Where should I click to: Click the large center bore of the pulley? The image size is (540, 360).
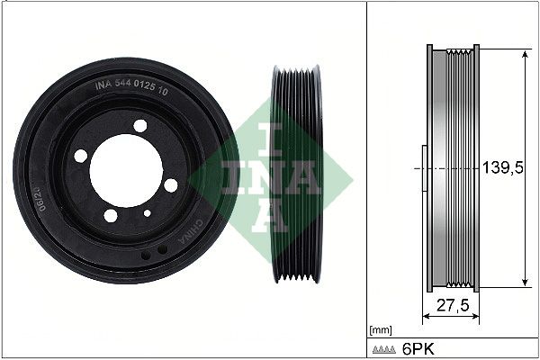126,169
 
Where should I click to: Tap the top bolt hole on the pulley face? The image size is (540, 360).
139,125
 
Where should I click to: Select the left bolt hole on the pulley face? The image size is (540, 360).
81,156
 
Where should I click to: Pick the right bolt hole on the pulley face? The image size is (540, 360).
171,184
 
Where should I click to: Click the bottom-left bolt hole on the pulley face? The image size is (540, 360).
111,215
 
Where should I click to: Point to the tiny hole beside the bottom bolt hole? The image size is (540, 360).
147,213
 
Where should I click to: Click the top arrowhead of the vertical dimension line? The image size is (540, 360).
525,52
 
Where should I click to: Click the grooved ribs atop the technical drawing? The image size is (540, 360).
463,49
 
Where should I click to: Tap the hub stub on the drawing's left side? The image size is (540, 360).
423,168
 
